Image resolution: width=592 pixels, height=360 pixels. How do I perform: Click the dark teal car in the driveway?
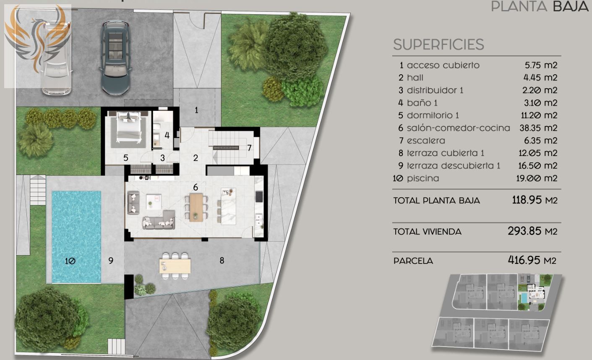click(115, 57)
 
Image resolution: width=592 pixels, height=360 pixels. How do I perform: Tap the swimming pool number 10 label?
click(70, 261)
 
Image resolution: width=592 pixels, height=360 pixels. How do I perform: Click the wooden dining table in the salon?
click(196, 207)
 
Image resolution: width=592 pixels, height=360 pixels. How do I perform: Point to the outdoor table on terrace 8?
click(175, 266)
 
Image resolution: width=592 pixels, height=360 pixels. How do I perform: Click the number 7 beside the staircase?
click(249, 148)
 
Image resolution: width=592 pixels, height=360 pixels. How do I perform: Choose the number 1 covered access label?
click(196, 110)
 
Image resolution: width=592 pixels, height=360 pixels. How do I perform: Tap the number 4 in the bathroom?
click(167, 136)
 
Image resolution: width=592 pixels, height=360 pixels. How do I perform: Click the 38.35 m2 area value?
click(538, 128)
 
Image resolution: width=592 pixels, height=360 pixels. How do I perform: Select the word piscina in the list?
click(423, 178)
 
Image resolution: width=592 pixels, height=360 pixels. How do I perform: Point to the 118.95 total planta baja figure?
click(527, 200)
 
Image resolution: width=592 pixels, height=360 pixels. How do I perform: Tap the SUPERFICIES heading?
click(438, 44)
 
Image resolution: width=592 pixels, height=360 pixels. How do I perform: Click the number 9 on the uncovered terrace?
click(111, 261)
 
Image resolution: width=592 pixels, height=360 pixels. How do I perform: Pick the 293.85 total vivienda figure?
click(524, 231)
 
